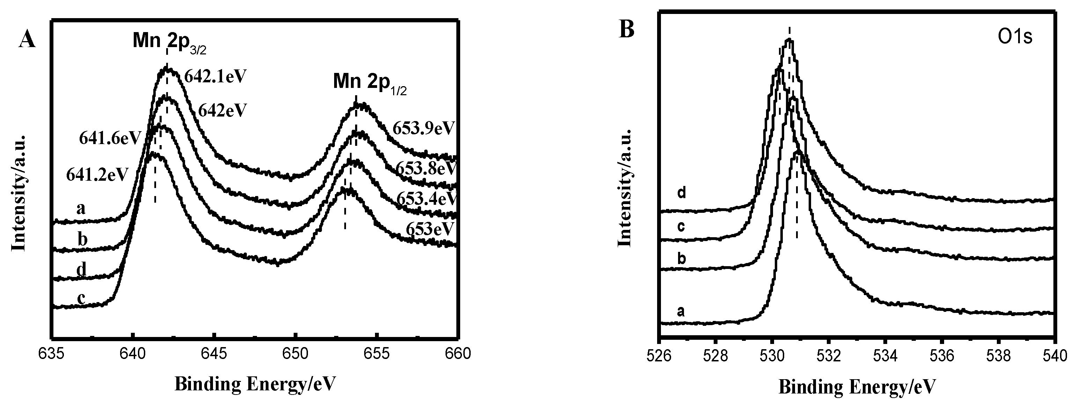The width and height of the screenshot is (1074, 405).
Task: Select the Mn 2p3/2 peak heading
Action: click(x=169, y=41)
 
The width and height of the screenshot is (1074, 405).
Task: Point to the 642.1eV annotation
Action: click(x=215, y=77)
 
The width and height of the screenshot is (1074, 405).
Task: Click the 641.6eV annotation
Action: click(x=110, y=138)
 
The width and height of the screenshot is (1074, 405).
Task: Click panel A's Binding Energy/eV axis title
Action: click(x=255, y=384)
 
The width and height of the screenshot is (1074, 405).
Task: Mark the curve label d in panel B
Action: click(x=681, y=193)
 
